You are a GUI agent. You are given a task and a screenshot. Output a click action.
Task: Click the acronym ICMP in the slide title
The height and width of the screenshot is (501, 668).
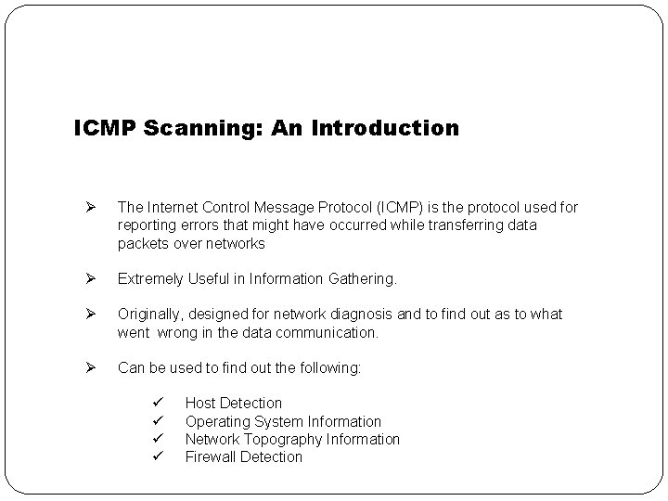point(106,128)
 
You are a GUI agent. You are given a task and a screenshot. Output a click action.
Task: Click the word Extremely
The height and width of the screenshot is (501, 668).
point(151,278)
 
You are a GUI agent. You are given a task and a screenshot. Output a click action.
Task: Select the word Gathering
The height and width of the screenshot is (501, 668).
point(361,278)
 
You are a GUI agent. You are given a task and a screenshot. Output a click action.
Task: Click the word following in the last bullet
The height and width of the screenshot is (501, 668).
point(330,367)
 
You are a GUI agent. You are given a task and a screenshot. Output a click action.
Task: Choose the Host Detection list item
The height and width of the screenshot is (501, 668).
point(233,403)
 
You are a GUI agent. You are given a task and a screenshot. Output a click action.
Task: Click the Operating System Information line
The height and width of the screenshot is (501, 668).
point(283,421)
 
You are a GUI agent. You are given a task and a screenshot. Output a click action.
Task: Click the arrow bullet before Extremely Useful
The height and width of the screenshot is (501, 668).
point(90,278)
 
